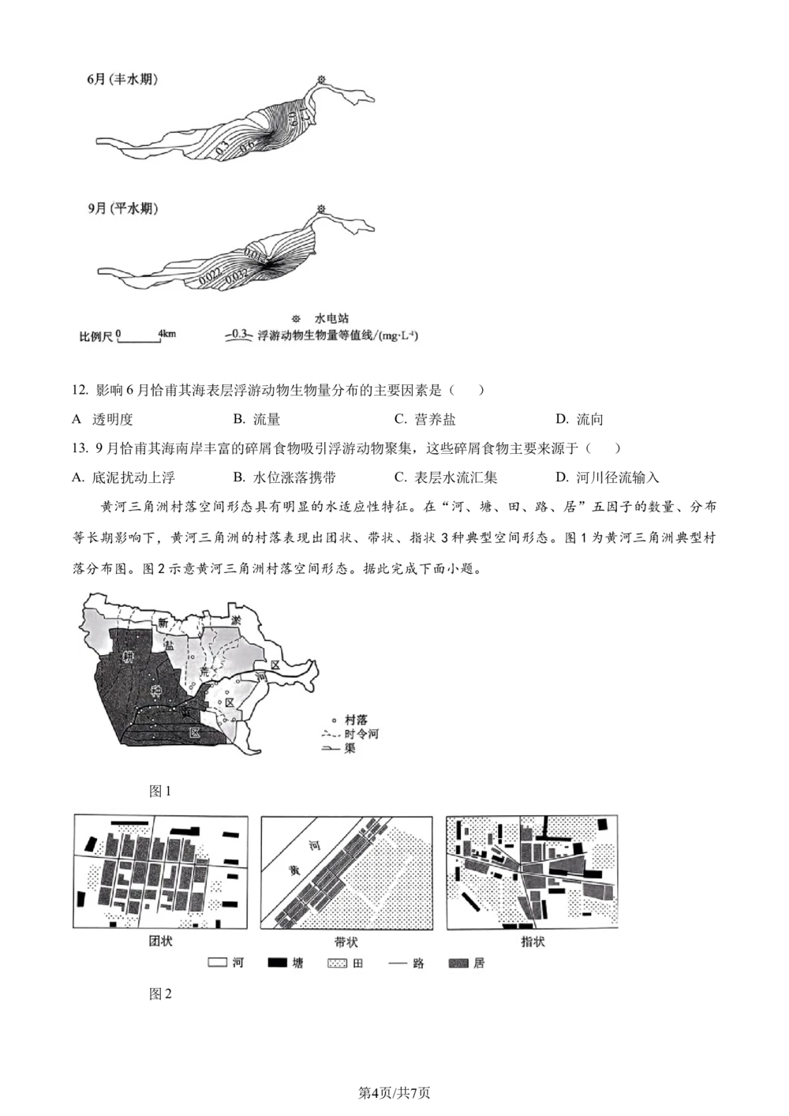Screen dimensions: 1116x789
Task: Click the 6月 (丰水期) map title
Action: [x=122, y=80]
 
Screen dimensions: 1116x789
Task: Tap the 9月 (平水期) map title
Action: [x=122, y=209]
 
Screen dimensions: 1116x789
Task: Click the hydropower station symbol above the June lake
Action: [x=321, y=79]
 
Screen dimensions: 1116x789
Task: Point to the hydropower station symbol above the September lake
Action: [x=321, y=208]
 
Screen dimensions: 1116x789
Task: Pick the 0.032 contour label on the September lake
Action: [x=237, y=275]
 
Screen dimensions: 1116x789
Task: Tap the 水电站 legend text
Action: [x=331, y=319]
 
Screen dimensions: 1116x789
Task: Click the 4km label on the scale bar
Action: [x=167, y=334]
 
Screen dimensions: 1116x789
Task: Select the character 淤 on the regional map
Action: [x=236, y=621]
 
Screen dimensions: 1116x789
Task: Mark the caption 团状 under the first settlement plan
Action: [x=160, y=942]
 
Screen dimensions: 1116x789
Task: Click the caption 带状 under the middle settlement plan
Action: [x=346, y=942]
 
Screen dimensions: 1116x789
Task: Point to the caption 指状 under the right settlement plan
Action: [x=533, y=942]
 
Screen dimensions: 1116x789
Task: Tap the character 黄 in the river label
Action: [x=294, y=870]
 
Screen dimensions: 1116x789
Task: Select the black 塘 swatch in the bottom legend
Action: [x=277, y=964]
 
